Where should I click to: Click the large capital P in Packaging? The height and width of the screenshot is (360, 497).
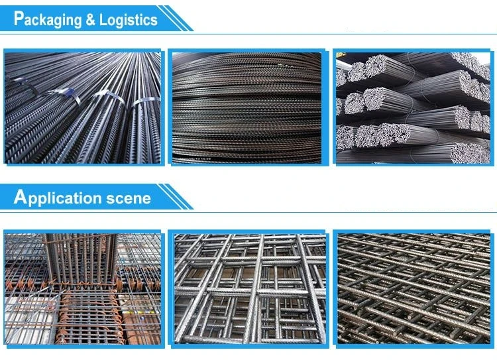(x=19, y=18)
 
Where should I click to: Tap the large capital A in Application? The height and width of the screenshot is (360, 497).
(x=21, y=196)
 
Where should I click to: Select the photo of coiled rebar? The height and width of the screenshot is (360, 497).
(x=247, y=107)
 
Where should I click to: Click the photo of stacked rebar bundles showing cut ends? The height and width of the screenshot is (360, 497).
(x=413, y=107)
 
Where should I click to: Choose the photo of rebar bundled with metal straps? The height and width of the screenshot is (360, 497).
(x=82, y=107)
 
